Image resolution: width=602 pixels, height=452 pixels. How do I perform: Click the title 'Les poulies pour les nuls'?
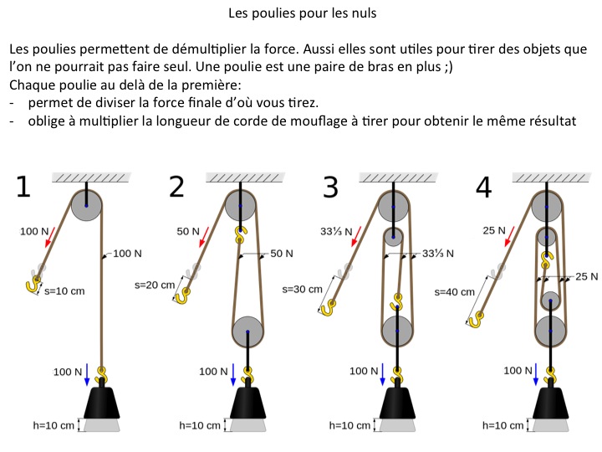point(302,13)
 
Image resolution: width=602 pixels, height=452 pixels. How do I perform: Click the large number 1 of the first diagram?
point(23,187)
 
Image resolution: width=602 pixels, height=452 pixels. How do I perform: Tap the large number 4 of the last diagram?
point(483,187)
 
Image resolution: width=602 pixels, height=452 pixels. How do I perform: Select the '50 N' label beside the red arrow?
point(188,231)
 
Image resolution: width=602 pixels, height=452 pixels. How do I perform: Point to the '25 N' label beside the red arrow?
point(494,231)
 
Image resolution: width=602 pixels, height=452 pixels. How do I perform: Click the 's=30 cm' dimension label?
point(302,290)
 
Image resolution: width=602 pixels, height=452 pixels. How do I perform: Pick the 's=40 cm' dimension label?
point(454,292)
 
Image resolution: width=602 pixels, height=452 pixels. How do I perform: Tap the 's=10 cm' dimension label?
point(64,291)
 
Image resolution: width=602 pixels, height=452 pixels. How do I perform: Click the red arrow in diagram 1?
point(50,237)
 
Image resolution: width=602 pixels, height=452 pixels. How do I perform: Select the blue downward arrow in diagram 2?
point(233,374)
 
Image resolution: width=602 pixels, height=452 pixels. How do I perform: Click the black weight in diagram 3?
point(397,403)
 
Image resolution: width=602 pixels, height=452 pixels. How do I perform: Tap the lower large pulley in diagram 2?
point(247,331)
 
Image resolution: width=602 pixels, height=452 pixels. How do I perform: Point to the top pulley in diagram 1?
point(86,206)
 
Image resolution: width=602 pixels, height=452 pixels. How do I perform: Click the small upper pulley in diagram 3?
point(393,237)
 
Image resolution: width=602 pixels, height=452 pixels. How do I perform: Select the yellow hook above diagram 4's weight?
point(550,375)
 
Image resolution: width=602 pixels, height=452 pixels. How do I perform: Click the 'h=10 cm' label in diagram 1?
point(54,425)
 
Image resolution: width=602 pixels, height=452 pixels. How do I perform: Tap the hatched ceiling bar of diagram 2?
point(245,177)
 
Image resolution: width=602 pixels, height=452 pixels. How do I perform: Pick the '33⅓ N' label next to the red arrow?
point(336,232)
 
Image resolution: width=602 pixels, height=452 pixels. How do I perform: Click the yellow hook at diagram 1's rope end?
point(33,285)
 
